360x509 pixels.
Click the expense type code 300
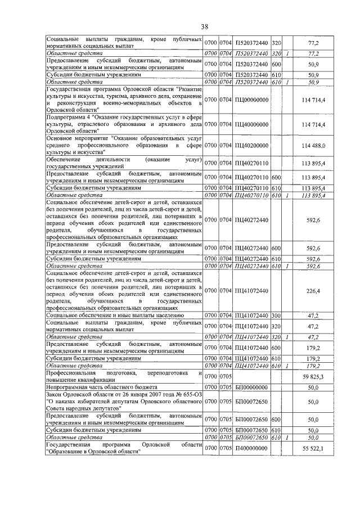pyautogui.click(x=276, y=316)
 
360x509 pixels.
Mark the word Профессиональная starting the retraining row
pyautogui.click(x=69, y=372)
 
